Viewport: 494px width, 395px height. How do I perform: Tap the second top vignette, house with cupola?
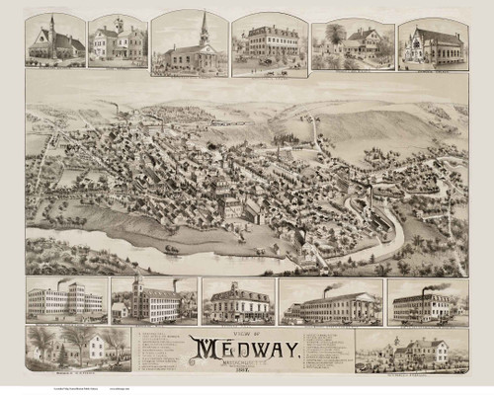click(118, 41)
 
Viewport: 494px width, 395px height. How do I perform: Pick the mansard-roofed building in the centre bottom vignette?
click(236, 302)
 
